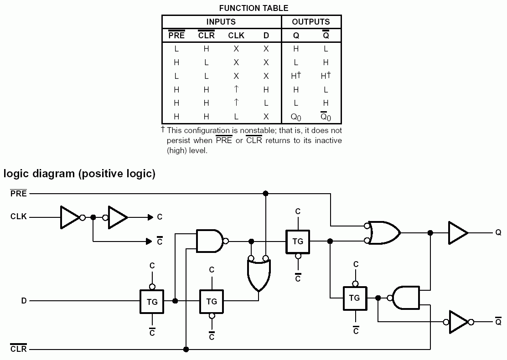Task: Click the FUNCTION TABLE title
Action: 253,8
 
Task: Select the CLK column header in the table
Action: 236,36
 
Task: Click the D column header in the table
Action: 266,36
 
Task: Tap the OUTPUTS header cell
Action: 311,22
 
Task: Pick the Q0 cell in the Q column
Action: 296,117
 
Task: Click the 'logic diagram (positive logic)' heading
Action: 79,174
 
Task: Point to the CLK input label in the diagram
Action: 19,217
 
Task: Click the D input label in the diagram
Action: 24,301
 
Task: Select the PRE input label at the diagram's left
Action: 19,194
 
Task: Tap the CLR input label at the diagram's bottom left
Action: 19,349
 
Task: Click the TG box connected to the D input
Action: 152,301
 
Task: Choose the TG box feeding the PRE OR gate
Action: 298,241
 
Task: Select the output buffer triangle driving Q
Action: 458,233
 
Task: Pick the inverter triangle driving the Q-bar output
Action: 458,322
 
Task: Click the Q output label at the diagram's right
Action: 498,233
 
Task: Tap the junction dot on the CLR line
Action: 186,349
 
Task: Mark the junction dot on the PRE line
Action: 265,194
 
